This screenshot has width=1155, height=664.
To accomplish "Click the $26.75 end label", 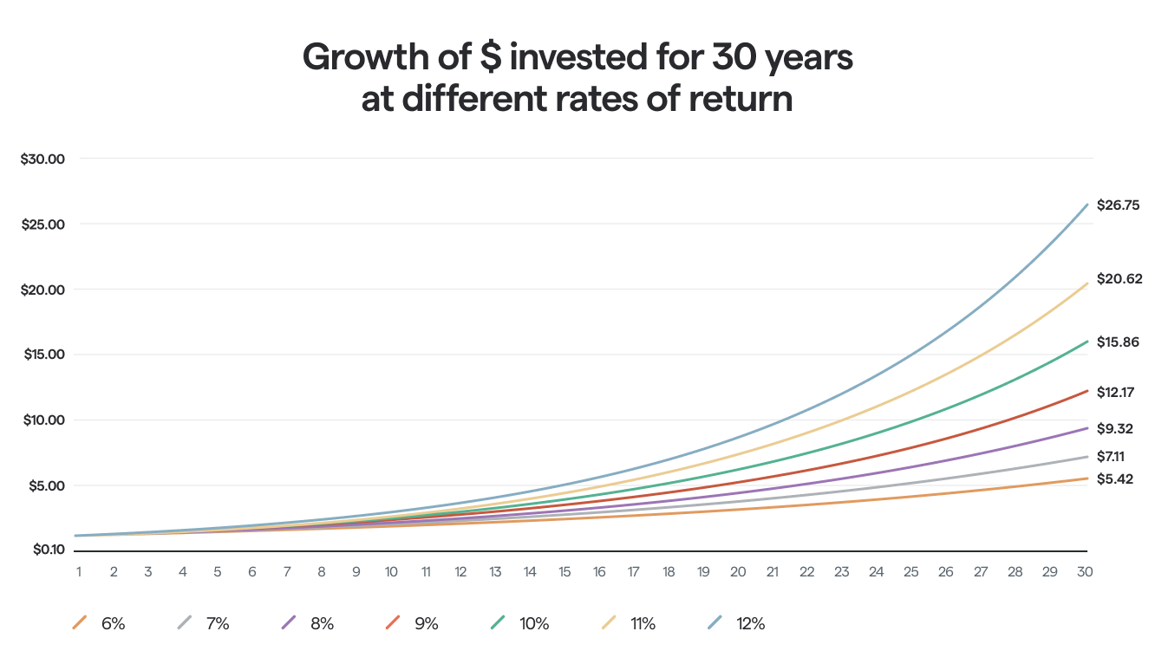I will pyautogui.click(x=1118, y=205).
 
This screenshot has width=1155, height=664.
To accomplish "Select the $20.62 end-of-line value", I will pyautogui.click(x=1119, y=278).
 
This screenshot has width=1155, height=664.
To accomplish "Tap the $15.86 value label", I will pyautogui.click(x=1118, y=342).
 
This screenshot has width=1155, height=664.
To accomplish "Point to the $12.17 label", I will pyautogui.click(x=1116, y=393).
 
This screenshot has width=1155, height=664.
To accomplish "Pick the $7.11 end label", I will pyautogui.click(x=1113, y=456).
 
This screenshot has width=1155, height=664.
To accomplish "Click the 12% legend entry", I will pyautogui.click(x=736, y=623).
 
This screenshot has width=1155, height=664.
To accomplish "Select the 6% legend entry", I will pyautogui.click(x=99, y=623).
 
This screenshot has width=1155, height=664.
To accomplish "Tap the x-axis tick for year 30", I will pyautogui.click(x=1083, y=572).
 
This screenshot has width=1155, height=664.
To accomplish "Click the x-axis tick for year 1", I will pyautogui.click(x=79, y=572).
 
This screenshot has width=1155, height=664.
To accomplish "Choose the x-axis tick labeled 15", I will pyautogui.click(x=564, y=572).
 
